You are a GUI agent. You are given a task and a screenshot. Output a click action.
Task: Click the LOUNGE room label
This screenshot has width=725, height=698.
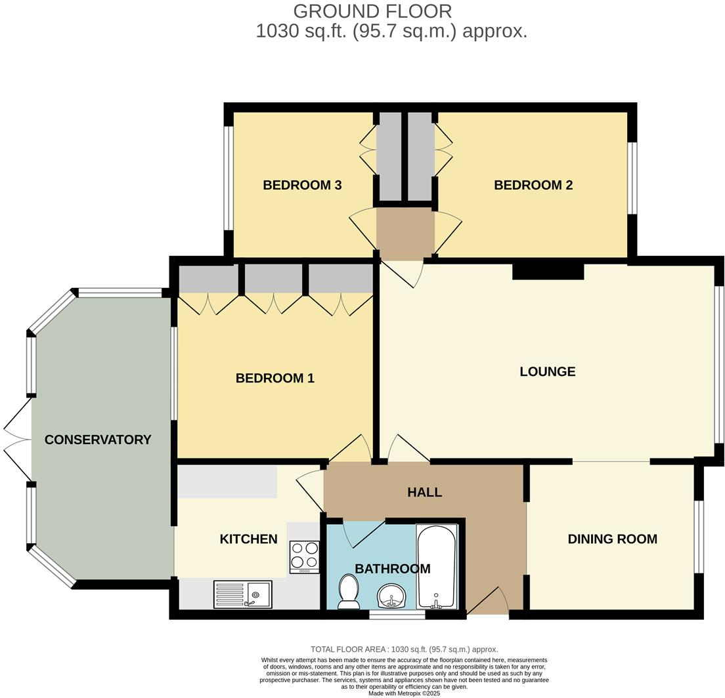547,372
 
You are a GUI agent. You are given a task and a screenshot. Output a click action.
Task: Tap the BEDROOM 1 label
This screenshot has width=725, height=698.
275,379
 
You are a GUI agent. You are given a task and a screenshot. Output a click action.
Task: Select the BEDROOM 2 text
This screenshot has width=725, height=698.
533,186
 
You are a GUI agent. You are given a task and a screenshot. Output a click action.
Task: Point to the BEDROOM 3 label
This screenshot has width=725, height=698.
302,186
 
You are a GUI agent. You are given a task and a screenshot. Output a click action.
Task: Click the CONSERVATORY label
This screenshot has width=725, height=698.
98,440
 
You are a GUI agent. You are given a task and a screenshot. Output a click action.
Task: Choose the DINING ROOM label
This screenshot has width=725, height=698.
612,539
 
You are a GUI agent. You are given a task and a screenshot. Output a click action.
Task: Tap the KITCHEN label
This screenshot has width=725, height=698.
248,539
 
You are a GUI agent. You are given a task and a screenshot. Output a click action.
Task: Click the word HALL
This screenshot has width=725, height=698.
424,493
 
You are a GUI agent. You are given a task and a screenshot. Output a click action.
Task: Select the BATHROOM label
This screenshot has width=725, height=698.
393,569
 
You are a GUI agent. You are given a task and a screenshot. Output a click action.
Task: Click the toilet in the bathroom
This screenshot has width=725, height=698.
347,591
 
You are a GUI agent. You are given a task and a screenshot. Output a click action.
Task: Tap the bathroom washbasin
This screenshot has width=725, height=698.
392,597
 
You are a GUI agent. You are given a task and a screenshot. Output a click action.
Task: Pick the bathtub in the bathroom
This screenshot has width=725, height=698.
437,567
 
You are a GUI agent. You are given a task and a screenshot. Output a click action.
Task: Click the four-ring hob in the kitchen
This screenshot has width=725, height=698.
304,556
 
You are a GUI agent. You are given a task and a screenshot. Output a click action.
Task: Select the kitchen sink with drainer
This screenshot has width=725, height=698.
242,594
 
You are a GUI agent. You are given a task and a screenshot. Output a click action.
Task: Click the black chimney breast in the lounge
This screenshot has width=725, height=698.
548,270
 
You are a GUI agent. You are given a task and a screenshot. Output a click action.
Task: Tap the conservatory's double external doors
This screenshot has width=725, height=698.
18,440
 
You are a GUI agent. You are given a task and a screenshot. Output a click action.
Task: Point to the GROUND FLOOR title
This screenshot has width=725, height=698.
372,11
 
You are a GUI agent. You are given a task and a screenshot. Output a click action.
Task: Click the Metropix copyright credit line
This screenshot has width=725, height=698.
404,693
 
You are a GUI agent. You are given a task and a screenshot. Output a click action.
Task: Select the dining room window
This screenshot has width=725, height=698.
699,537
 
